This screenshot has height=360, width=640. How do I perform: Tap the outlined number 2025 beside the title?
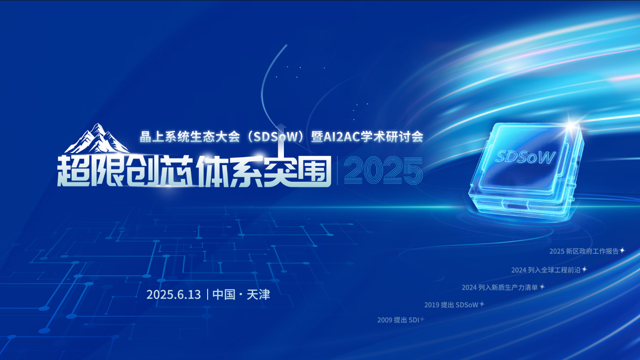tap(383, 170)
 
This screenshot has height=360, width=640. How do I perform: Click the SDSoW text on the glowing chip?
tap(525, 157)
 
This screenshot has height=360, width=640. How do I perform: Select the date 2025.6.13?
tap(174, 294)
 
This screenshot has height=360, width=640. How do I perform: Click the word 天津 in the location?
tap(258, 294)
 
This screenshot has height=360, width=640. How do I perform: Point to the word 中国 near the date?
tap(224, 294)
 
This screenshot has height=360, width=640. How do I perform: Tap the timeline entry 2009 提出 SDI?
tap(398, 320)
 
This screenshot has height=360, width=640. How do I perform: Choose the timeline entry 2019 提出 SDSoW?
tap(451, 305)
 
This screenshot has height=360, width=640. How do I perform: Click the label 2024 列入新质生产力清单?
tap(500, 287)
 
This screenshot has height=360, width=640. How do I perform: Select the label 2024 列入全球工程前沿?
tap(546, 270)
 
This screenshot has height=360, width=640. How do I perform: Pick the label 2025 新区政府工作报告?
tap(584, 251)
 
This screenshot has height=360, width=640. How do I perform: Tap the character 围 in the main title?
tap(314, 171)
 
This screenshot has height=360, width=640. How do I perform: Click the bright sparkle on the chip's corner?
tap(571, 125)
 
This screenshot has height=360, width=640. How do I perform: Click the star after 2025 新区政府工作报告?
tap(622, 250)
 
